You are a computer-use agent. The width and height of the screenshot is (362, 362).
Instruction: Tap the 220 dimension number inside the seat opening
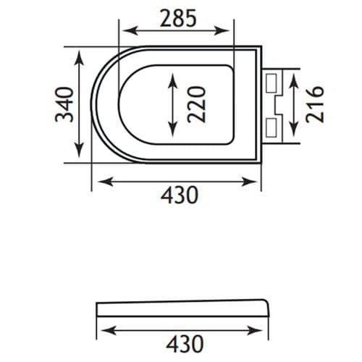point(196,104)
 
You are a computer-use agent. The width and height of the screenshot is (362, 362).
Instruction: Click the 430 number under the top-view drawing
point(177,195)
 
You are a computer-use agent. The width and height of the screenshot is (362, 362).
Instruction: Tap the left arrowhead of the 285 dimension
point(124,30)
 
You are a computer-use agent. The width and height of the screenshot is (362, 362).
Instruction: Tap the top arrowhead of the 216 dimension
point(292,75)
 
